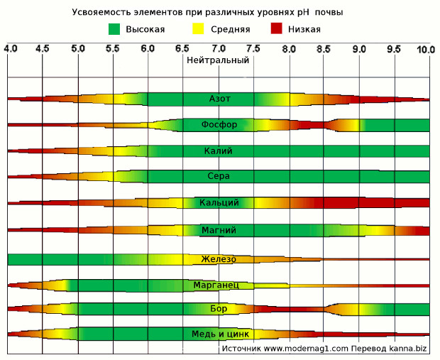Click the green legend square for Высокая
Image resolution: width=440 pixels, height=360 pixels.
click(114, 29)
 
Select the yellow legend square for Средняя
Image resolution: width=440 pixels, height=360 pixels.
click(198, 29)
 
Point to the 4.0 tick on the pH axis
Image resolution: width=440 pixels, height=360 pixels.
click(10, 49)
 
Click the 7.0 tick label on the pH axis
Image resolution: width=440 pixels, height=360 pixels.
click(219, 49)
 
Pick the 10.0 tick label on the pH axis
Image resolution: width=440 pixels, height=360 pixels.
click(425, 49)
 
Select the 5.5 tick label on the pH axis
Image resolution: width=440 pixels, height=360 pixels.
click(113, 49)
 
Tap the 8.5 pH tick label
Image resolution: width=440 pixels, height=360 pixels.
click(324, 49)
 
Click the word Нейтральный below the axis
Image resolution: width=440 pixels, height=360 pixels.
click(218, 60)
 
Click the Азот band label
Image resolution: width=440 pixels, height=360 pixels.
click(219, 98)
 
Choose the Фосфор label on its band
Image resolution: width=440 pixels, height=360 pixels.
click(219, 124)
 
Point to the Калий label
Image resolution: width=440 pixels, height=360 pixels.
click(219, 151)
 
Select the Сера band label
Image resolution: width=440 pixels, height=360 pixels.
click(219, 177)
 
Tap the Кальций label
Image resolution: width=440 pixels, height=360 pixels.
click(219, 203)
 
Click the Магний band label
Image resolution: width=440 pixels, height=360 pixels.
click(219, 230)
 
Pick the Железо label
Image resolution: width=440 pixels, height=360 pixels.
click(219, 258)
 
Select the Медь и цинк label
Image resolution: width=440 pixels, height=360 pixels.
click(219, 334)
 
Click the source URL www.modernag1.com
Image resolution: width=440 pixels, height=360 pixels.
click(306, 349)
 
